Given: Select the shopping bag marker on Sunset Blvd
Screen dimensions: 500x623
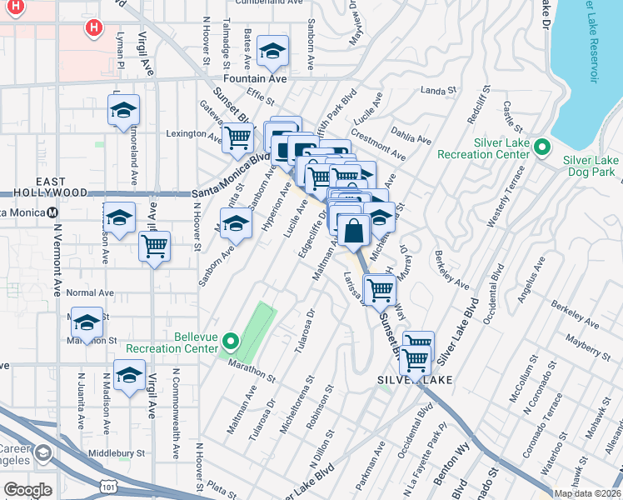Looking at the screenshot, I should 353,230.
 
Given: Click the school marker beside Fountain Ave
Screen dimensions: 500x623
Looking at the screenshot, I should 272,52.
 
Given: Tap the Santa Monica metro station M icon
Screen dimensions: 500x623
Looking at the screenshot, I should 52,212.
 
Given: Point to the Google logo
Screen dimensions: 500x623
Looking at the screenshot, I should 27,489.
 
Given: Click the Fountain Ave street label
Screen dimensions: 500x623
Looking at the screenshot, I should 256,79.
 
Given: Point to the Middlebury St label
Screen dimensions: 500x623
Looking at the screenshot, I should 117,454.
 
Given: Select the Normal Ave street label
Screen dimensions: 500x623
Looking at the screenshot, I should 90,293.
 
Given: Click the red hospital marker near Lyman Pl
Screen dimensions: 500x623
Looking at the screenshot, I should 94,27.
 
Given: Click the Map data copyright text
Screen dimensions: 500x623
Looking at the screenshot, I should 586,493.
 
